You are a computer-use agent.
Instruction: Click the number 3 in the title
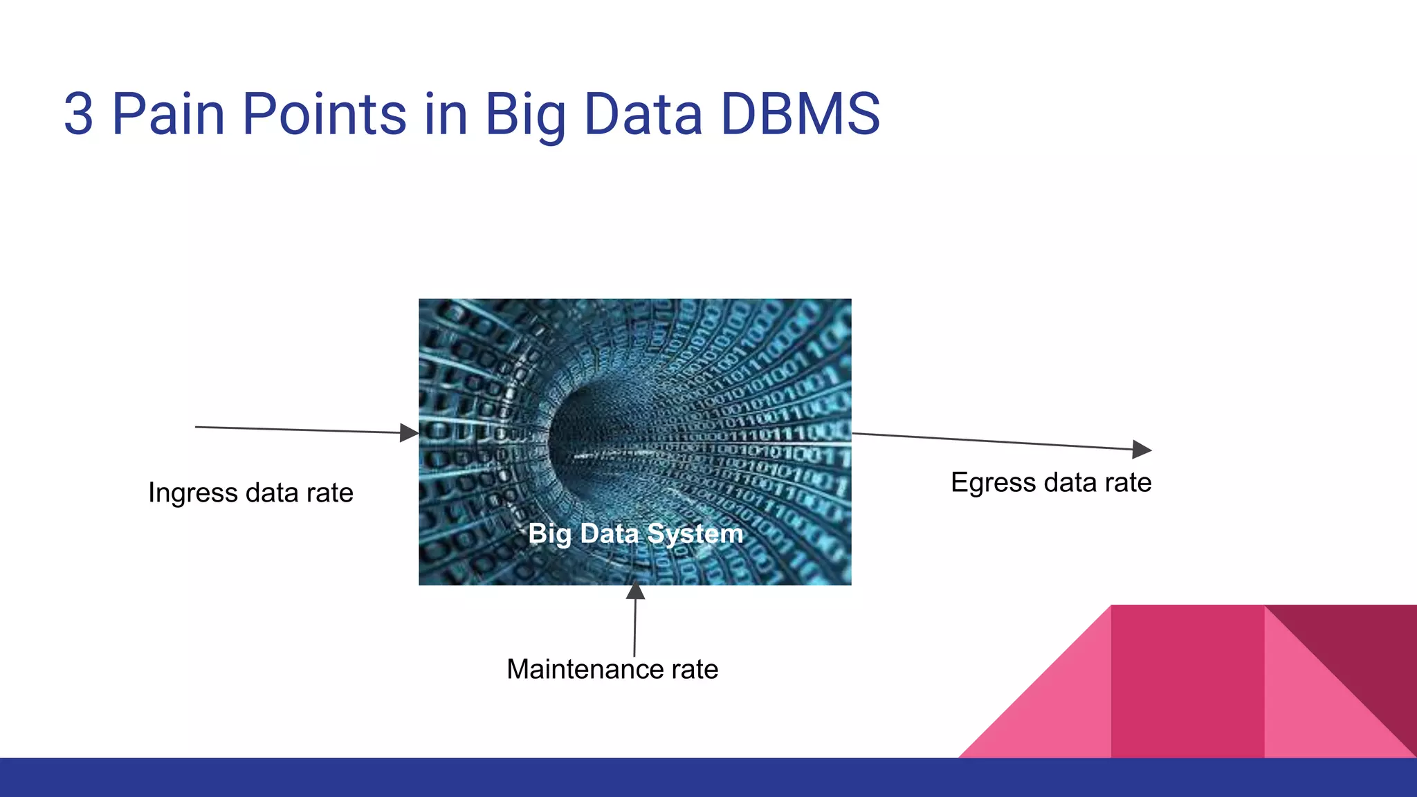pos(79,114)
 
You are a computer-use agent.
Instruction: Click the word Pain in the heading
pos(168,114)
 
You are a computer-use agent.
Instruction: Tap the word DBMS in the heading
pos(800,114)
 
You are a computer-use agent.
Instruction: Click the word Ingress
pos(193,493)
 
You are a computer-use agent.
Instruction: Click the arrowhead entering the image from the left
pos(410,433)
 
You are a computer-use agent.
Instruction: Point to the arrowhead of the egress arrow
pos(1142,449)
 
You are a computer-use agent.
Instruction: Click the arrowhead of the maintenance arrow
pos(635,592)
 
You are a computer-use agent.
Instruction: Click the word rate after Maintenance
pos(694,669)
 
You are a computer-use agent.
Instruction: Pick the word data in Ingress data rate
pos(273,493)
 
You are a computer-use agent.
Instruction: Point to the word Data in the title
pos(643,114)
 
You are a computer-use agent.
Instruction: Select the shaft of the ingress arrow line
pos(298,430)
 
